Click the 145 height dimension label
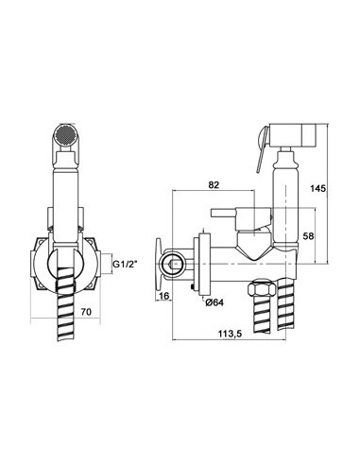[x=318, y=188]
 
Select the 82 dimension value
[x=214, y=185]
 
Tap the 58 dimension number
[x=309, y=235]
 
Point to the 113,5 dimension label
[x=230, y=334]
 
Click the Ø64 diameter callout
[x=214, y=302]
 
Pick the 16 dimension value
[x=164, y=296]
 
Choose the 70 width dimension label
[x=86, y=312]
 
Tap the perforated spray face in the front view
[x=66, y=135]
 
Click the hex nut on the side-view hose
[x=261, y=288]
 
